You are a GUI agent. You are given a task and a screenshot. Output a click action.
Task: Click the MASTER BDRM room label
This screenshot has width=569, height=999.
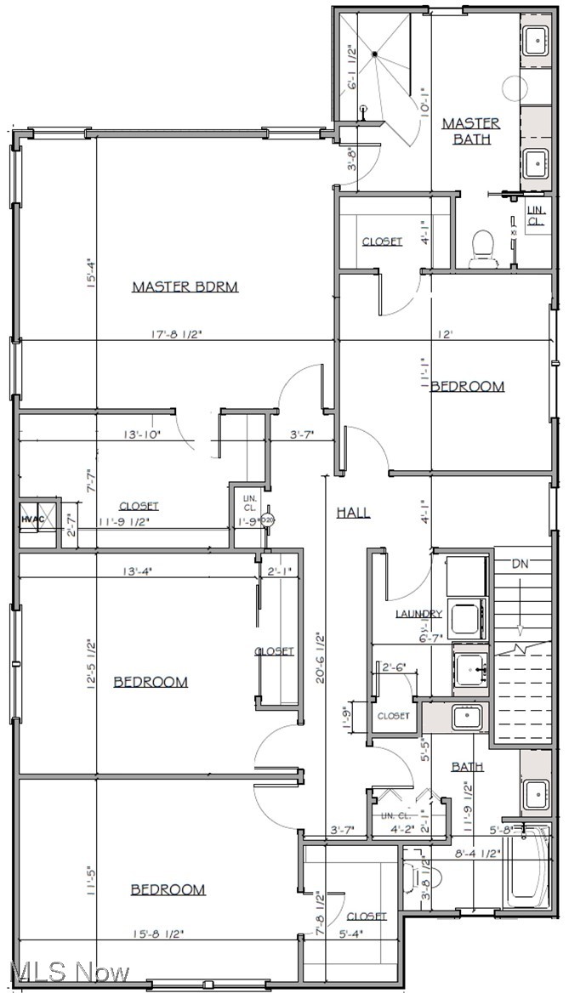[185, 287]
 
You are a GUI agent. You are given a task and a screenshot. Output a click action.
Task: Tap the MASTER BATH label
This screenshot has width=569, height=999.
[470, 131]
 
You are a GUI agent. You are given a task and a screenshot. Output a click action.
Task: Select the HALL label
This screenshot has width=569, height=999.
[352, 512]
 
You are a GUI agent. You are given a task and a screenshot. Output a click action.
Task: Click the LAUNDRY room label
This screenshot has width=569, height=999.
[418, 614]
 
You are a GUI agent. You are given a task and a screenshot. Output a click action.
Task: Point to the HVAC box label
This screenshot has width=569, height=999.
[31, 518]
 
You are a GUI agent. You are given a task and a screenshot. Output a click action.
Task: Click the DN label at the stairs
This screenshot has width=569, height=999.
[520, 563]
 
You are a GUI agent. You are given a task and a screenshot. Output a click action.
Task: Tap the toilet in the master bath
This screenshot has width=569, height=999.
[483, 247]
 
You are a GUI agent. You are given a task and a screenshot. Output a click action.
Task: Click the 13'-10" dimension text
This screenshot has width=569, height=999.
[142, 434]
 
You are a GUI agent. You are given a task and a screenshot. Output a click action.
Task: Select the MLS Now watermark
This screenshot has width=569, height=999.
[65, 971]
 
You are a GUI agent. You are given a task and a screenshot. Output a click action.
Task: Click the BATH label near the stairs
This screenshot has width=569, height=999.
[467, 766]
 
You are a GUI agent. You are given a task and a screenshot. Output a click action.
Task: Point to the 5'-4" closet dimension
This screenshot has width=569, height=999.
[360, 934]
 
